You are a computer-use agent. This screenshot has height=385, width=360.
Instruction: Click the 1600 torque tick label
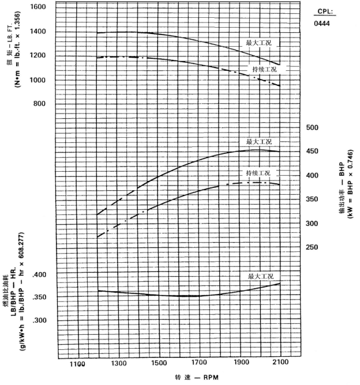pyautogui.click(x=39, y=6)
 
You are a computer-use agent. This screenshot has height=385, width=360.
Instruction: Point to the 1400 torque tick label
pyautogui.click(x=39, y=31)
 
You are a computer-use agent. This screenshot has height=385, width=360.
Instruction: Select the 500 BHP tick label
pyautogui.click(x=312, y=128)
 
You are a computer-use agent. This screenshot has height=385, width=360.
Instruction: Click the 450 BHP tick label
pyautogui.click(x=312, y=152)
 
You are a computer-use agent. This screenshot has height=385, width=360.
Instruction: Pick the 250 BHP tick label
pyautogui.click(x=312, y=248)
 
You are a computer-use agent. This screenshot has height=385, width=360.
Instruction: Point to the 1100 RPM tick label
pyautogui.click(x=78, y=364)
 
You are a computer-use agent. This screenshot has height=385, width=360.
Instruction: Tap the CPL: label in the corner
pyautogui.click(x=327, y=12)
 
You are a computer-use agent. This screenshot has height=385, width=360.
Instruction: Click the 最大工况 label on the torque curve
pyautogui.click(x=258, y=44)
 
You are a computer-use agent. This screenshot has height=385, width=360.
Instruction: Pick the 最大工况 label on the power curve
pyautogui.click(x=258, y=142)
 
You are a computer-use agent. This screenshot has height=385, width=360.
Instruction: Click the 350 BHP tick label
pyautogui.click(x=312, y=199)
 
